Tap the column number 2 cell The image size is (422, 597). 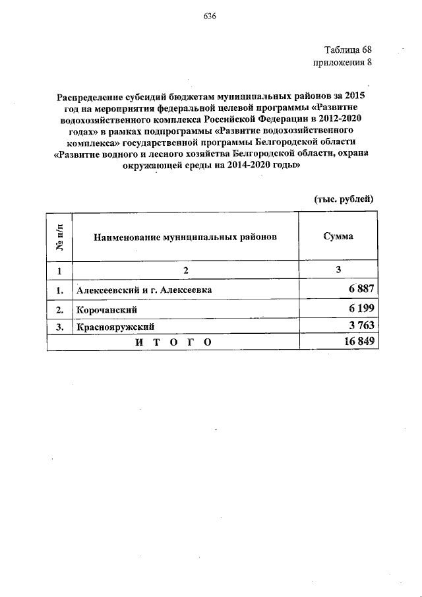pyautogui.click(x=186, y=271)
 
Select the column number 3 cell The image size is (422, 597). pyautogui.click(x=338, y=271)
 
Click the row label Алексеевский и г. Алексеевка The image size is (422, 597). pyautogui.click(x=144, y=290)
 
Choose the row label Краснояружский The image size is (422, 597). pyautogui.click(x=115, y=326)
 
